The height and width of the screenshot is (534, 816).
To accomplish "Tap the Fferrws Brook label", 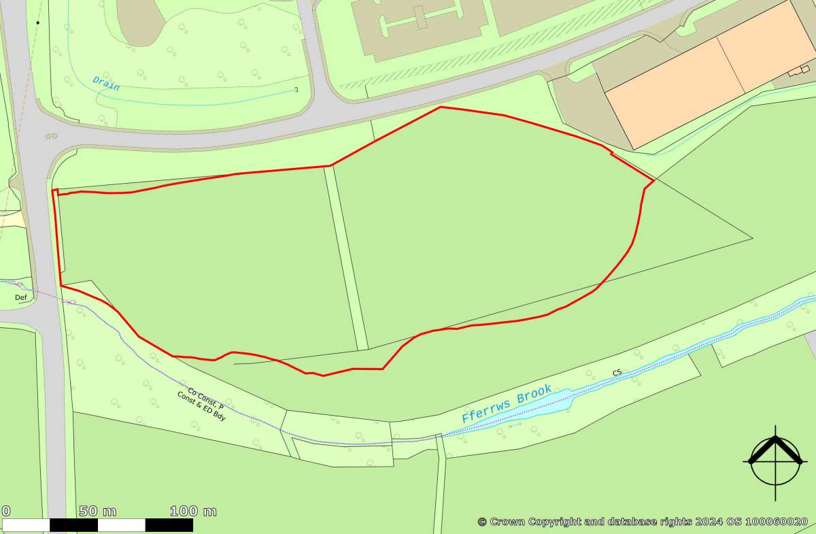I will tap(506, 403).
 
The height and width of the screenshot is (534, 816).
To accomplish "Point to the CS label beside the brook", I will tap(617, 372).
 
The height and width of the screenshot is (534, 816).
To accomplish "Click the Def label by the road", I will tap(20, 297).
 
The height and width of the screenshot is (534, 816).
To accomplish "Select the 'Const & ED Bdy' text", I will tap(201, 406).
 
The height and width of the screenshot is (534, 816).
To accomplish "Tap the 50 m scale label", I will tap(97, 512).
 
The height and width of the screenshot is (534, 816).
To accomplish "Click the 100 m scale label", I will tap(193, 512).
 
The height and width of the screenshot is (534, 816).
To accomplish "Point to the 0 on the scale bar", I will tap(5, 512).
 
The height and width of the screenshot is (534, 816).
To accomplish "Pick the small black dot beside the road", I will tap(38, 22).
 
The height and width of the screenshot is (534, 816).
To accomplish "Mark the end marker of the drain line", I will tap(296, 89).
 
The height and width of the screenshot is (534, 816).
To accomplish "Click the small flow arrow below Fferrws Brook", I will tap(515, 424).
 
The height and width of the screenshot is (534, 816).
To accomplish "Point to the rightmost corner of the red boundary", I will tap(654, 181).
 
